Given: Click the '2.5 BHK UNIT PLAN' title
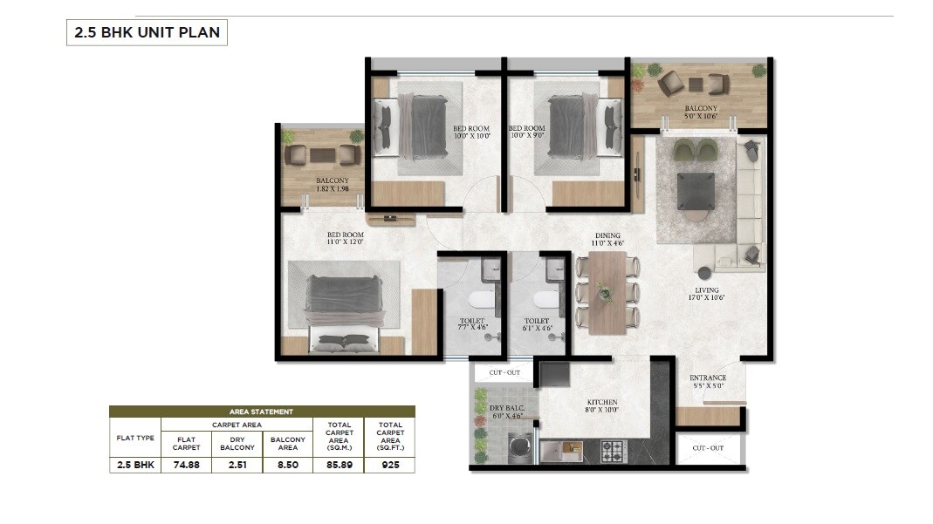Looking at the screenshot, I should (x=147, y=33).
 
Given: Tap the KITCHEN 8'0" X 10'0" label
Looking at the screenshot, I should (x=602, y=405).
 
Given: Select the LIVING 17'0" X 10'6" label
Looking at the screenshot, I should (x=707, y=294).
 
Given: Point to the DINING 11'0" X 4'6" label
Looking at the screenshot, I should (x=607, y=240).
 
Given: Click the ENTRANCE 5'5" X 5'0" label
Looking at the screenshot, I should (x=708, y=381).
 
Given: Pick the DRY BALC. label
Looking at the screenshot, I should (x=505, y=412).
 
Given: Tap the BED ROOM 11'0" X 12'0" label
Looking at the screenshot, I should (x=346, y=239).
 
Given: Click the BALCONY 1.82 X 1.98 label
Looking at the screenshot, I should (x=332, y=185).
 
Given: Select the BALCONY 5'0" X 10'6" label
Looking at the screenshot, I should (x=700, y=112).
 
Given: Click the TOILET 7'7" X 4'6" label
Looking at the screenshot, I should (x=471, y=325).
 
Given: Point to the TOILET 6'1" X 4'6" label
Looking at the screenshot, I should (x=537, y=325).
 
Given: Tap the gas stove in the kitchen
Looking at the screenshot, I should (x=613, y=451).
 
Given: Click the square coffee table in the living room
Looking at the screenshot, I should (x=696, y=191).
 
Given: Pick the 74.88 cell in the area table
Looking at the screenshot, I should (x=186, y=465).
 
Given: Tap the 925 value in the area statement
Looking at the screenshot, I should (x=389, y=465).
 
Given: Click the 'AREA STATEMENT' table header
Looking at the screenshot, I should (x=262, y=411).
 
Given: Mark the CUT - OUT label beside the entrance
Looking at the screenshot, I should (x=707, y=448).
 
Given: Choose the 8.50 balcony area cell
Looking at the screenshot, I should (x=288, y=465).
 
